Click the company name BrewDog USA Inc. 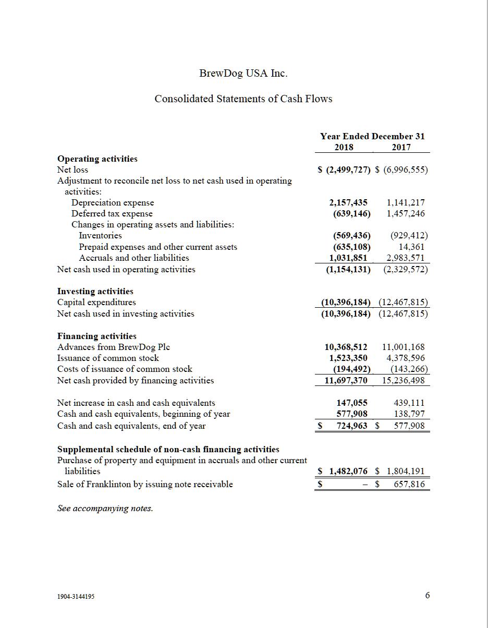pyautogui.click(x=243, y=73)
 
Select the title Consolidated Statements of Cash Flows pyautogui.click(x=243, y=99)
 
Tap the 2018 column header pyautogui.click(x=344, y=147)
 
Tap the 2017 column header pyautogui.click(x=401, y=147)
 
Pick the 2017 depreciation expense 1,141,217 pyautogui.click(x=406, y=202)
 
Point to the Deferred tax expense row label pyautogui.click(x=112, y=213)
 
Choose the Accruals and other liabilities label pyautogui.click(x=134, y=258)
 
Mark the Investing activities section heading pyautogui.click(x=95, y=291)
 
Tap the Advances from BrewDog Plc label pyautogui.click(x=114, y=347)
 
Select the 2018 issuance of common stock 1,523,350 pyautogui.click(x=348, y=358)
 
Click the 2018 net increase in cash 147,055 pyautogui.click(x=352, y=403)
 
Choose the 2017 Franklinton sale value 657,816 pyautogui.click(x=409, y=484)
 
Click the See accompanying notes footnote pyautogui.click(x=105, y=508)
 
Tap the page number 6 pyautogui.click(x=428, y=595)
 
